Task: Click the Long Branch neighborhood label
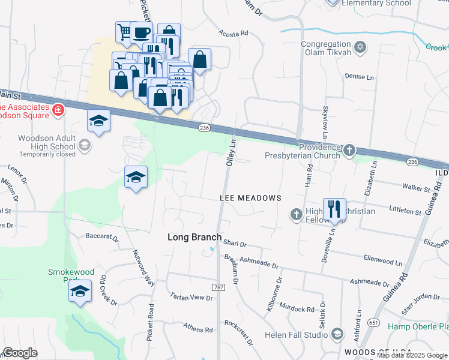click(x=194, y=237)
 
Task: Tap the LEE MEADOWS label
click(x=250, y=198)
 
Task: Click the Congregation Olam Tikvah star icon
click(x=360, y=47)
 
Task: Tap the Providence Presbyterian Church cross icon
click(x=349, y=150)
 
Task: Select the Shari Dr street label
click(x=235, y=244)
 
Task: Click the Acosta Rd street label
click(x=233, y=34)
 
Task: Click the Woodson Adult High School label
click(x=46, y=142)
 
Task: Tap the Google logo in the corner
click(x=20, y=353)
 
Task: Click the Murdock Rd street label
click(x=297, y=310)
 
